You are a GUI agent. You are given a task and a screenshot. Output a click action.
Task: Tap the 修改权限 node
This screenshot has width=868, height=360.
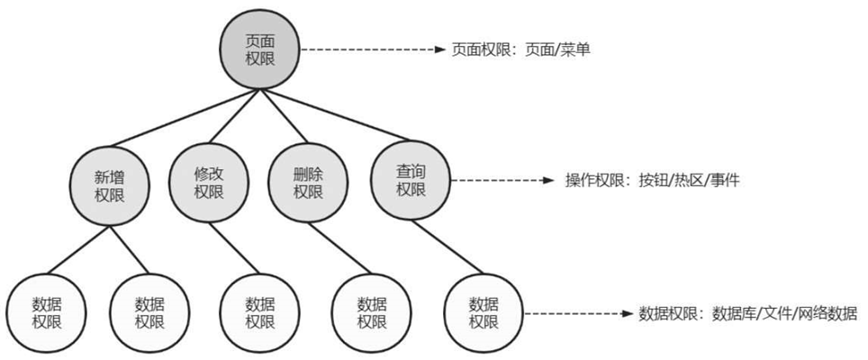coord(208,181)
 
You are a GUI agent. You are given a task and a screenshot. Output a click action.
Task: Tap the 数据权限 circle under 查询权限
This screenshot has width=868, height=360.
coord(484,311)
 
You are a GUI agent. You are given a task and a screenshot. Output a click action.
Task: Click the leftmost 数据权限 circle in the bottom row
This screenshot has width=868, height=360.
coord(45,311)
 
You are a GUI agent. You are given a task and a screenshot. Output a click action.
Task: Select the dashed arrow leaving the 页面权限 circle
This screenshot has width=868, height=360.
coord(369,50)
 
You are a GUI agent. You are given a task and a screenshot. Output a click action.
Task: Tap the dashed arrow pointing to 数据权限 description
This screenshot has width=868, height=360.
coord(576,314)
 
